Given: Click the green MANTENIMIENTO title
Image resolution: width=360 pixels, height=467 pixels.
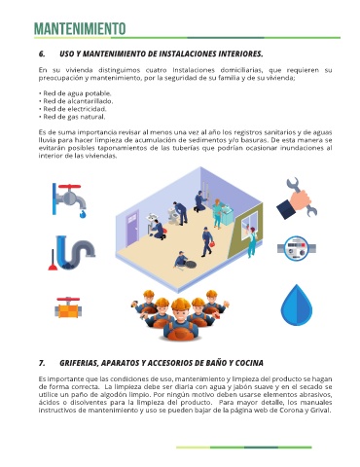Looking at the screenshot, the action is point(80,29).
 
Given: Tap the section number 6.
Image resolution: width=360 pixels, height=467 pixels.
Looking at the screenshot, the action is point(42,54).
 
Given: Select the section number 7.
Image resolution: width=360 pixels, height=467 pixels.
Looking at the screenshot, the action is point(42,363).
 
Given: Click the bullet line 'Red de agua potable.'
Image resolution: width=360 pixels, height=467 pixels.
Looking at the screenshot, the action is point(75,93).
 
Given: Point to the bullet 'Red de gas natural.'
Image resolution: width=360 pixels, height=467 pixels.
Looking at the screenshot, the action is point(72,117).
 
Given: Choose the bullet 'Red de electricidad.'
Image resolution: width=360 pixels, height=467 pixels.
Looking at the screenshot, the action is point(73,109).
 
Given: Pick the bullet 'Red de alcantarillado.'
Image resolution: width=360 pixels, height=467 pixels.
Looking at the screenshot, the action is point(76,101).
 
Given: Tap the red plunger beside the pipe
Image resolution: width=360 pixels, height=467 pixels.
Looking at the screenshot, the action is point(53,261).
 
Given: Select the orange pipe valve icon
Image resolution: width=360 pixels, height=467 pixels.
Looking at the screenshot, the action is point(68,306).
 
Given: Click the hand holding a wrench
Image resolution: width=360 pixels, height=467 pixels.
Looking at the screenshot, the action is point(297,198).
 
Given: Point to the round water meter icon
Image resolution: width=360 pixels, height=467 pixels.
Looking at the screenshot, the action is point(297,248).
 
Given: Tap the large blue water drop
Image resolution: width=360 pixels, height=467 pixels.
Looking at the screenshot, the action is point(297,305).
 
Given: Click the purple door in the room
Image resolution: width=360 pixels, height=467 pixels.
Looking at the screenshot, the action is point(132,229).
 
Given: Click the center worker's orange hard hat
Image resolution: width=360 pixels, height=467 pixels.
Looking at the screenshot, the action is point(181,304).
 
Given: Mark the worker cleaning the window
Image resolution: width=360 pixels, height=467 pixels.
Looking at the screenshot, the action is point(252,241).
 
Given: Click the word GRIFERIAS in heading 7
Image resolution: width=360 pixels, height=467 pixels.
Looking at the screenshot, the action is point(78,363).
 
